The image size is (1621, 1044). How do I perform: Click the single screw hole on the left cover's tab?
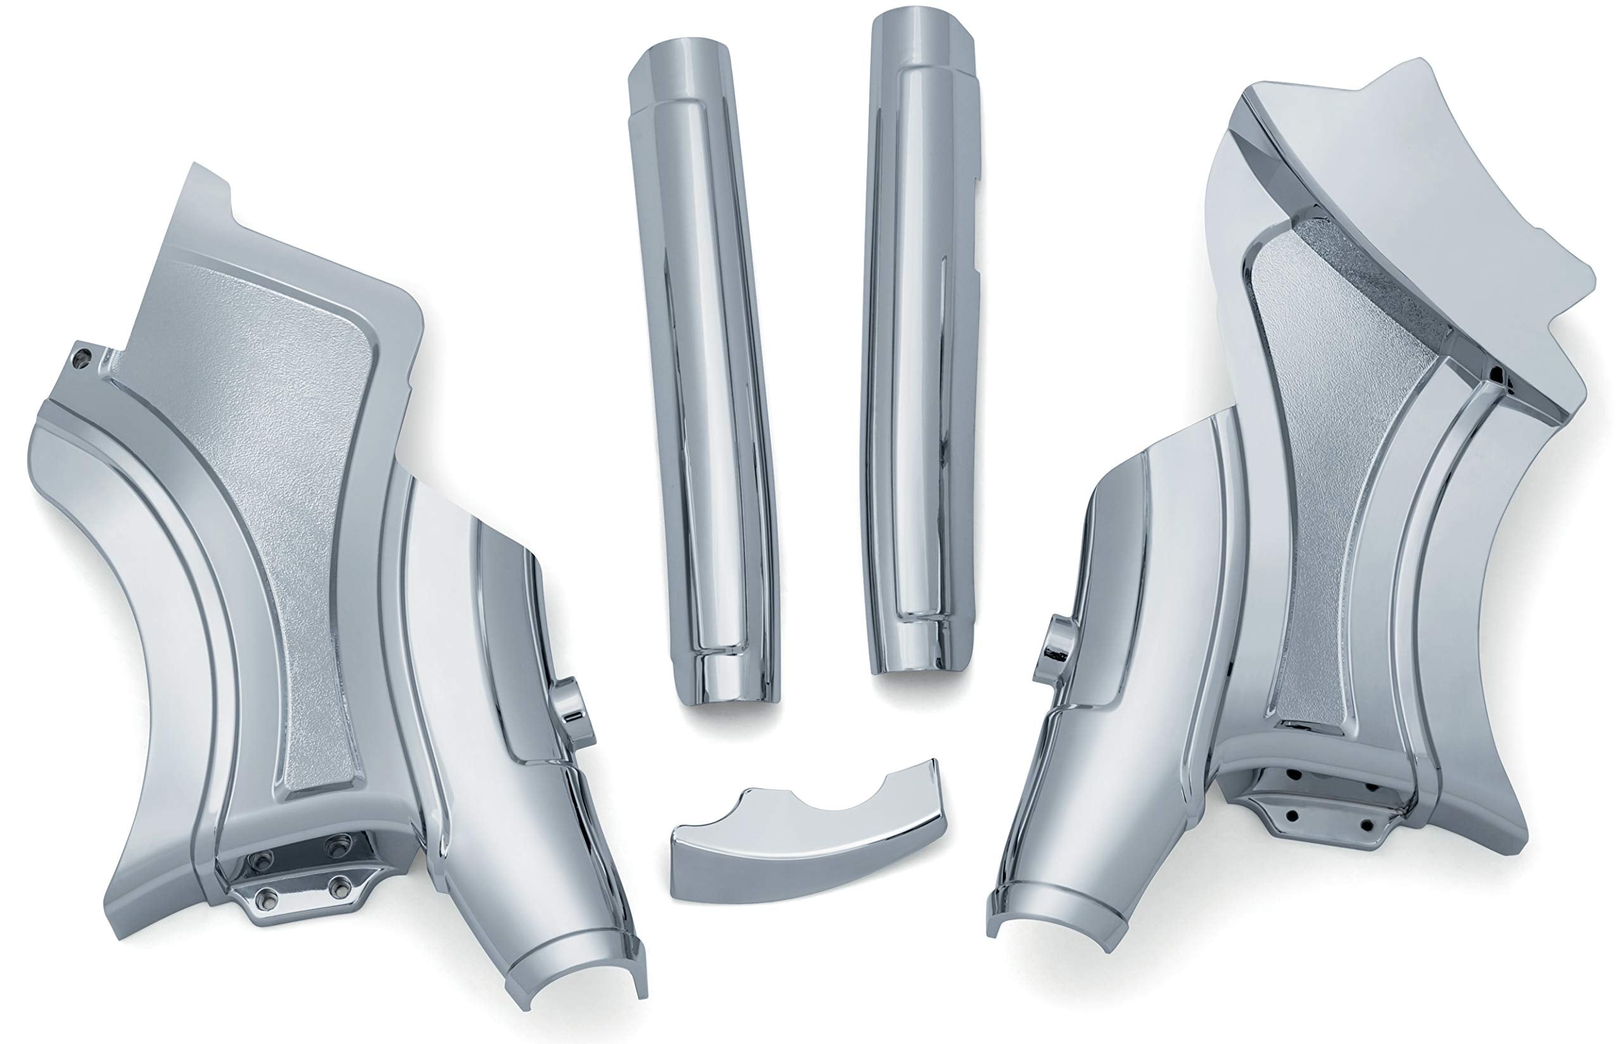(82, 355)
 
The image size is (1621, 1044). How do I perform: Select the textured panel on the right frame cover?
(1329, 475)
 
